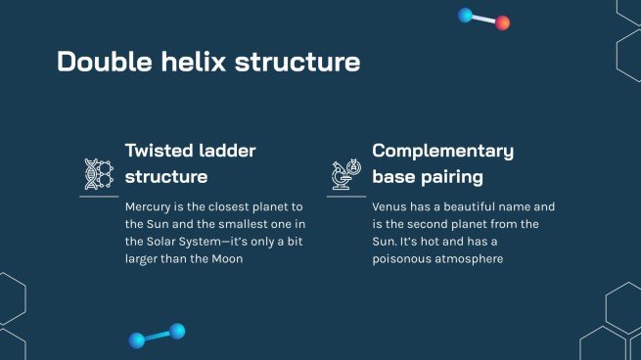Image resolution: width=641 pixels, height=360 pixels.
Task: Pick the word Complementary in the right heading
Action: click(442, 151)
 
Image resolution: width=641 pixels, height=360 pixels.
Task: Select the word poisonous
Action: click(404, 260)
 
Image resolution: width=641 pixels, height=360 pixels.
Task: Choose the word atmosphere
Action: click(471, 260)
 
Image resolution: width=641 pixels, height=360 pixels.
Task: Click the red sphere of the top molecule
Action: click(502, 22)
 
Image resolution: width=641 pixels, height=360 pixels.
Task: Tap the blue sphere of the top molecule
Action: click(466, 15)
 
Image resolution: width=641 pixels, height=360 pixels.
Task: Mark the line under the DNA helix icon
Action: click(99, 196)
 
